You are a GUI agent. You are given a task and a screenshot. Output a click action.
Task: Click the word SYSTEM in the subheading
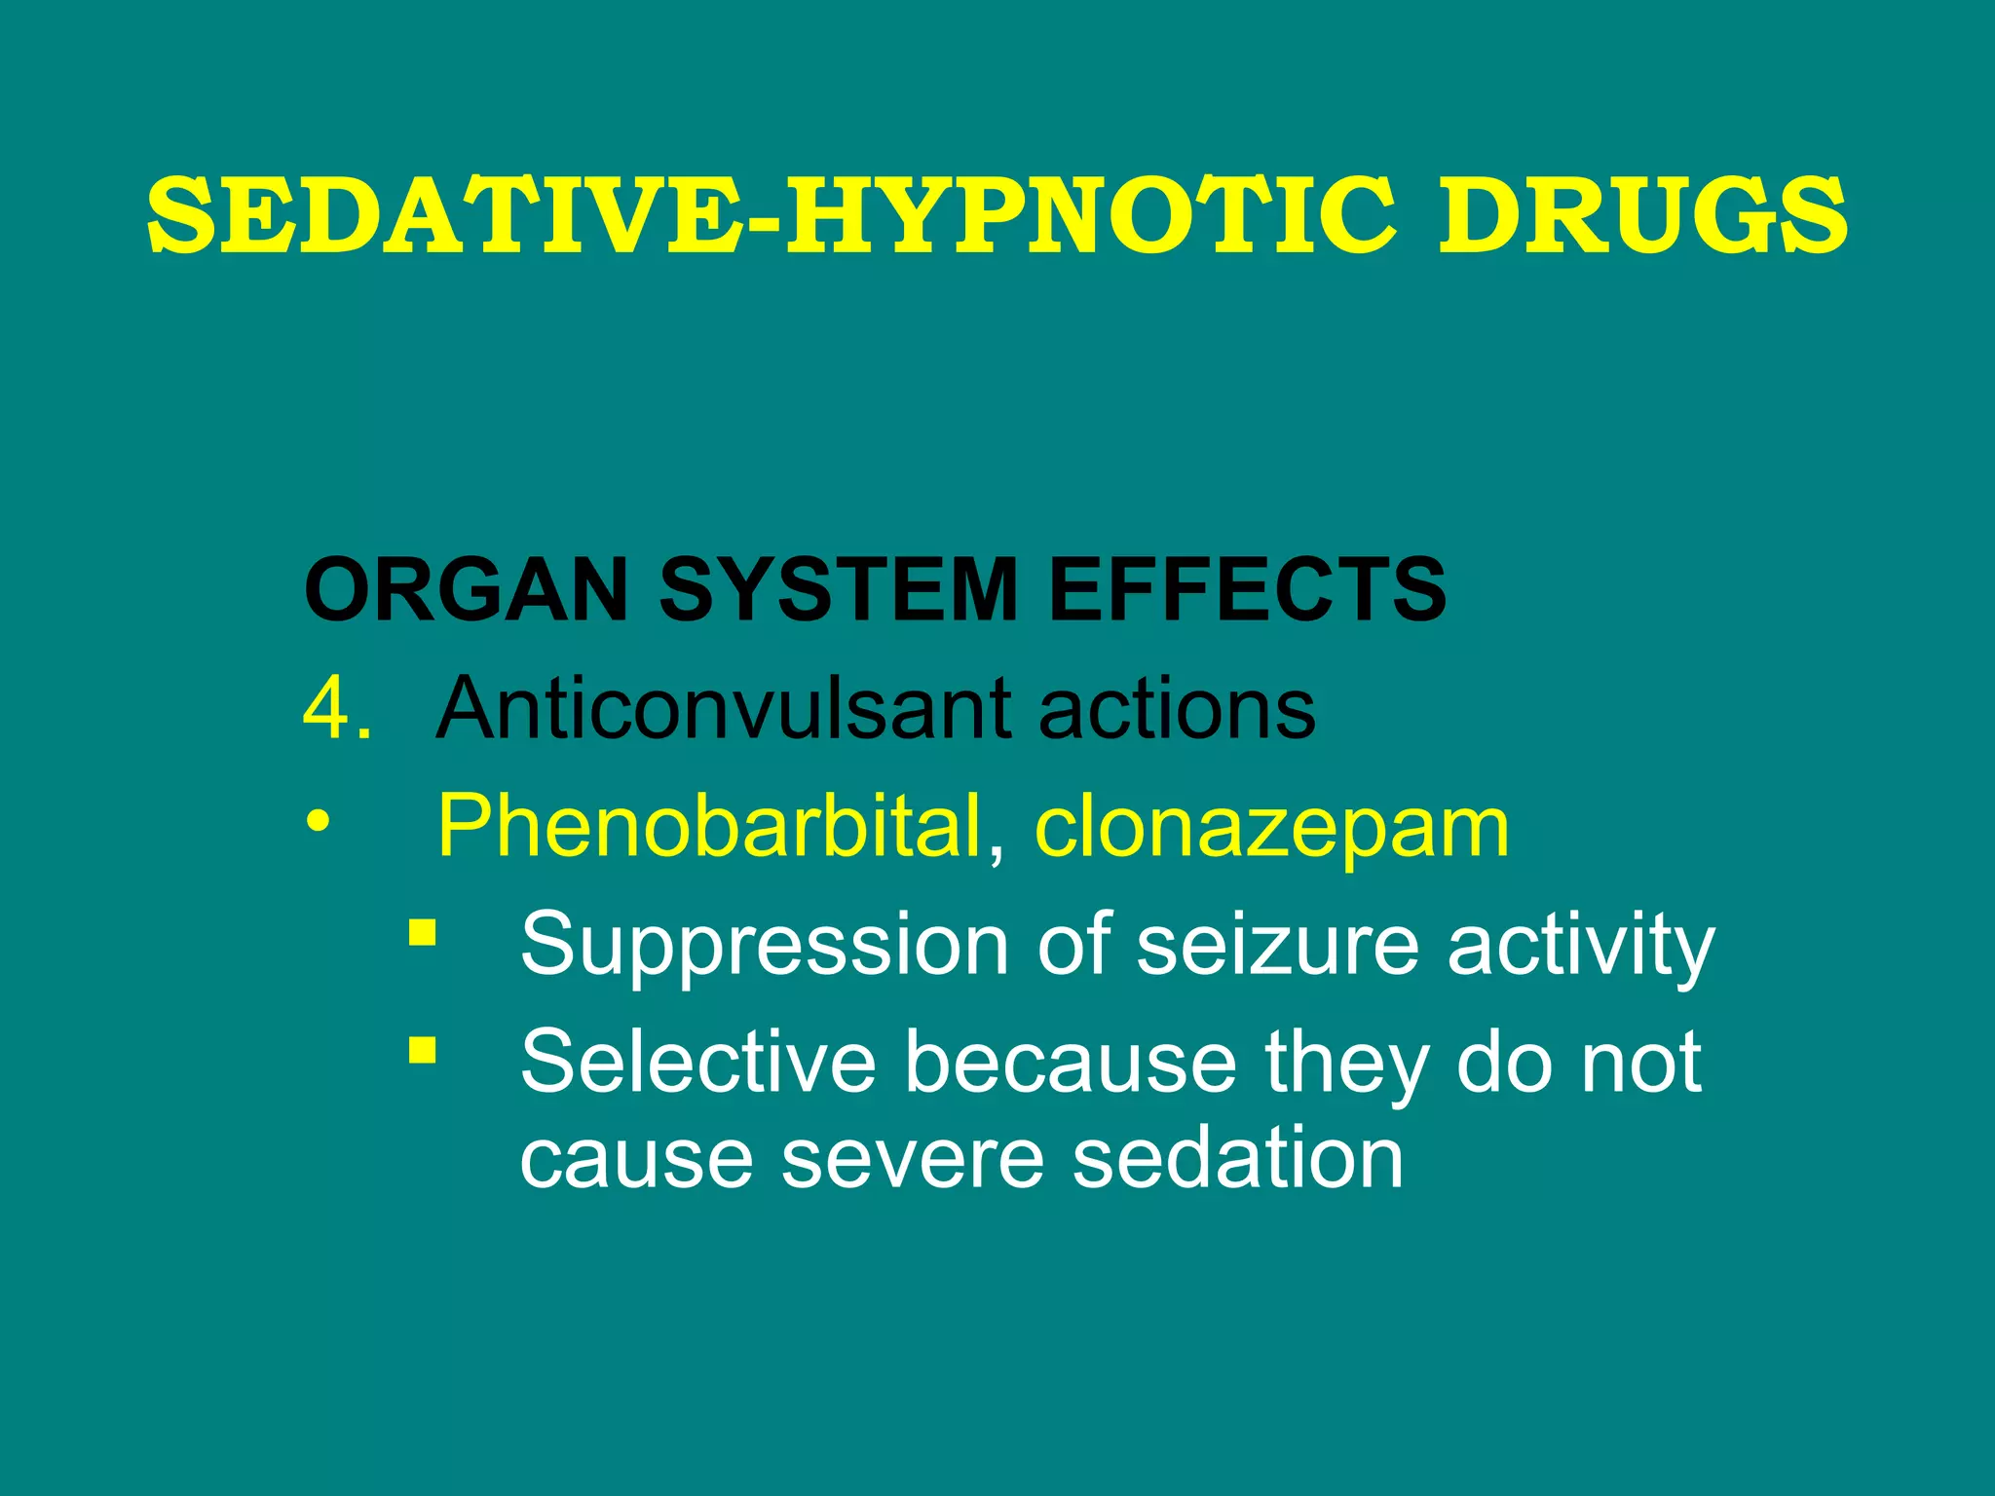pos(839,589)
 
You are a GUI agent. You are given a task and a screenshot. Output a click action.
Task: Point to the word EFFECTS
pos(1248,589)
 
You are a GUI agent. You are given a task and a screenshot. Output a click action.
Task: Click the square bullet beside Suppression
pos(422,932)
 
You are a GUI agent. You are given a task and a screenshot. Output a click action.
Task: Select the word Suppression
pos(765,945)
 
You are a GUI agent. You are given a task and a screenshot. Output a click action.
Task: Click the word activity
pos(1580,945)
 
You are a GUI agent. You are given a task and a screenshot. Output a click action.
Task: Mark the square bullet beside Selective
pos(422,1050)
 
